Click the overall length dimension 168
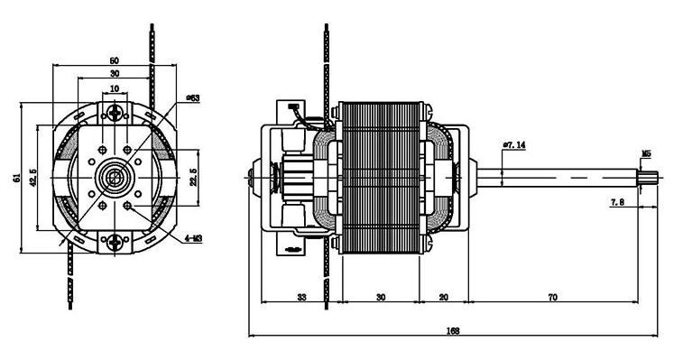point(453,330)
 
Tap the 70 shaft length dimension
point(552,298)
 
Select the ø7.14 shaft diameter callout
point(514,144)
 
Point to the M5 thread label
point(646,154)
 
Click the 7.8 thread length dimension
point(617,202)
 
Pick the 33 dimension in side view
point(301,298)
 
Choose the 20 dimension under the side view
point(444,298)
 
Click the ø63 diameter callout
point(193,97)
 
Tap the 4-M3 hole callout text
point(193,239)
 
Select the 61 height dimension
point(17,178)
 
